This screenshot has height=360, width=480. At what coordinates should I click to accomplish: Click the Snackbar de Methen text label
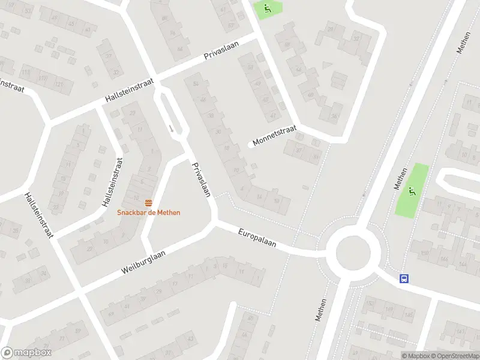(x=149, y=212)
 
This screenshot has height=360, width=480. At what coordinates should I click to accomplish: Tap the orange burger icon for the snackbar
(x=149, y=201)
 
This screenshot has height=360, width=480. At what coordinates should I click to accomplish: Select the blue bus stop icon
(x=404, y=278)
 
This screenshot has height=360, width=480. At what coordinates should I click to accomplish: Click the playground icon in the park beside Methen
(x=412, y=191)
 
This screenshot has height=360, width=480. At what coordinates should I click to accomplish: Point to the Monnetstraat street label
(x=275, y=137)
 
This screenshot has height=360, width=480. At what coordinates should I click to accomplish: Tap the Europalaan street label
(x=257, y=238)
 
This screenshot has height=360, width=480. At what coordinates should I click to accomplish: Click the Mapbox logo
(x=26, y=353)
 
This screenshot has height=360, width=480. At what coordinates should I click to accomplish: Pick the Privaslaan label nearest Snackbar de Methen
(x=201, y=179)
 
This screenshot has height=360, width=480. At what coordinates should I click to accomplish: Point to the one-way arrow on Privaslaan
(x=171, y=128)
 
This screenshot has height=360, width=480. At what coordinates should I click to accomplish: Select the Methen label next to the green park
(x=400, y=178)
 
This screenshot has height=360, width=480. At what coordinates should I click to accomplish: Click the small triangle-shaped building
(x=326, y=64)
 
